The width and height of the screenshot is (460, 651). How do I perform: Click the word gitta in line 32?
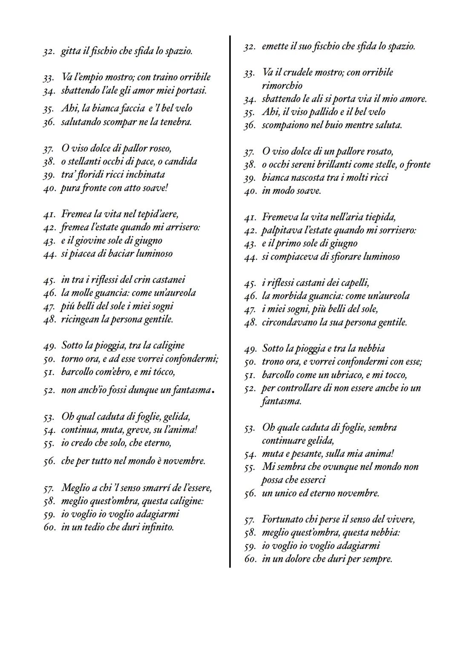[70, 52]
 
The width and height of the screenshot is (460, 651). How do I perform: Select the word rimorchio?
[282, 86]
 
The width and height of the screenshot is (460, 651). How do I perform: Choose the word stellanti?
[84, 162]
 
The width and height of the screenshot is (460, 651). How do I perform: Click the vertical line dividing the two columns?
[230, 298]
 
